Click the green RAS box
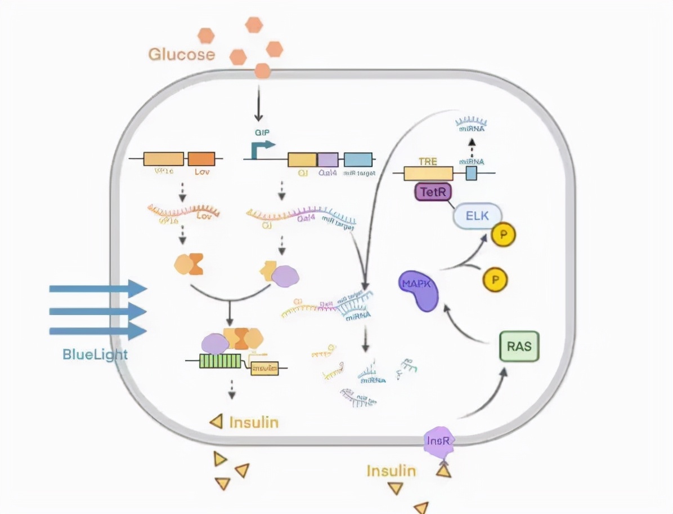[x=519, y=345]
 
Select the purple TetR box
[x=433, y=192]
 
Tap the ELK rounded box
[x=477, y=216]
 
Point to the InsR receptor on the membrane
[x=438, y=441]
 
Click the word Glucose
[x=181, y=54]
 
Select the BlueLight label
[x=95, y=355]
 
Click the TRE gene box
[x=428, y=172]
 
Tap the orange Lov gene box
[x=201, y=158]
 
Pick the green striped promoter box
[x=220, y=361]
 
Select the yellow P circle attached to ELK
[x=502, y=236]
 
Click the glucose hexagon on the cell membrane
[x=262, y=71]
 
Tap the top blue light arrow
[x=98, y=289]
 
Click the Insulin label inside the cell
[x=254, y=422]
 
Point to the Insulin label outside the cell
[x=391, y=471]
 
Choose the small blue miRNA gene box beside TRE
[x=471, y=172]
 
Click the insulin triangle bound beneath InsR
[x=443, y=469]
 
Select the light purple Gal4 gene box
[x=328, y=159]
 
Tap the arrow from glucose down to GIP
[x=258, y=104]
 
